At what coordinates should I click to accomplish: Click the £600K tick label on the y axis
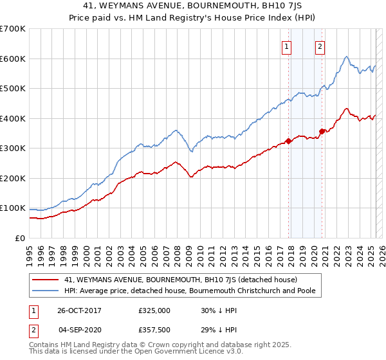13,59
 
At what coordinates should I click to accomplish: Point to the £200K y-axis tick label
13,178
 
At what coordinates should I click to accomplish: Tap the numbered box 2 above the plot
320,46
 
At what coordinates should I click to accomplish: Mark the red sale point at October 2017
289,141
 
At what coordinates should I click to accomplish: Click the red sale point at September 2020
322,132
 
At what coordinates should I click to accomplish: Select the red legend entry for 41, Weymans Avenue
180,280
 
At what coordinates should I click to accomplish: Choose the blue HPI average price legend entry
193,291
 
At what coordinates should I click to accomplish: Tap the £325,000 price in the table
153,310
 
